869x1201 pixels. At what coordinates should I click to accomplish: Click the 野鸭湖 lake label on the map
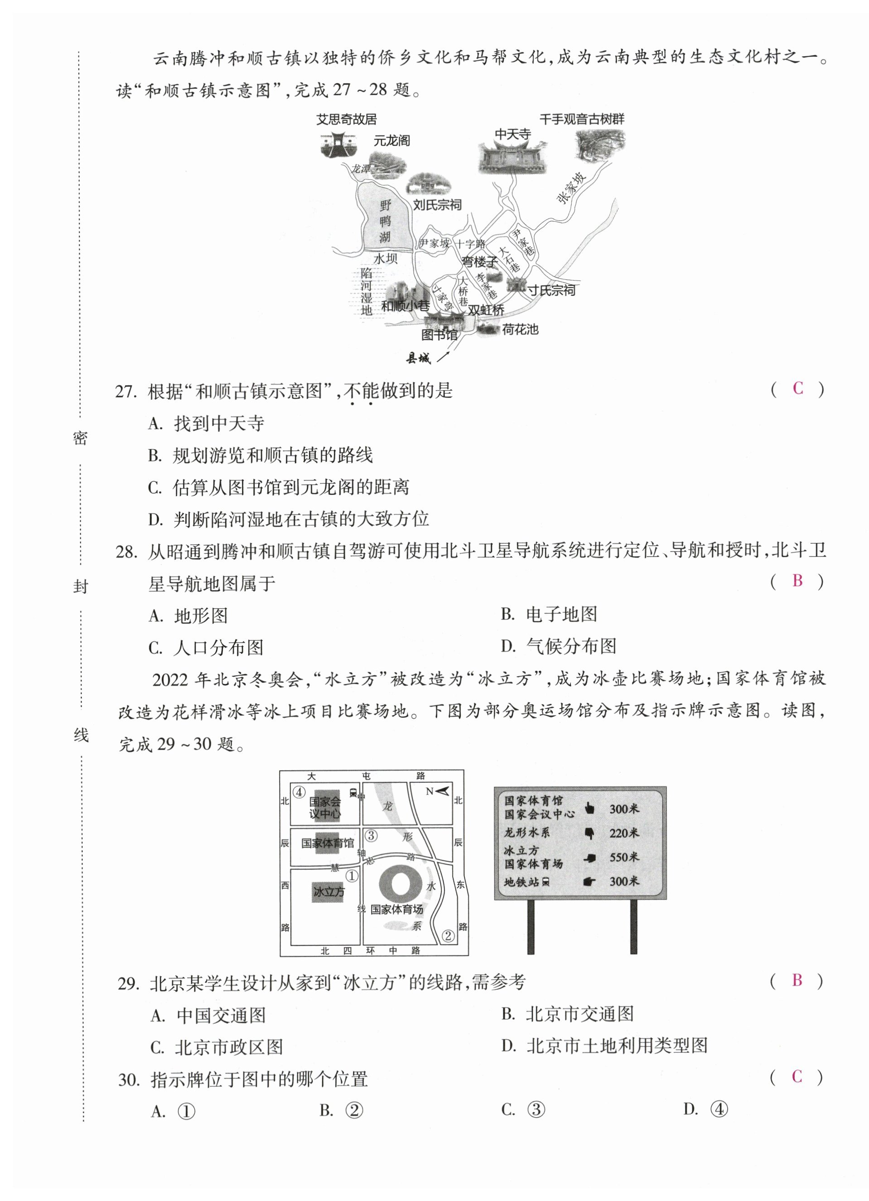pyautogui.click(x=385, y=221)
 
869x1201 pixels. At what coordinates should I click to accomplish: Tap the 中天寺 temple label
pyautogui.click(x=512, y=135)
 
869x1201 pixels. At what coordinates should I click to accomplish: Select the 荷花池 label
pyautogui.click(x=520, y=329)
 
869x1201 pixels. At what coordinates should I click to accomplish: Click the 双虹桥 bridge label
pyautogui.click(x=485, y=310)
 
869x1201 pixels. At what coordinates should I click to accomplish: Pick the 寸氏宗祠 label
pyautogui.click(x=550, y=290)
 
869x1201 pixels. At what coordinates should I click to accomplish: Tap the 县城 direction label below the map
pyautogui.click(x=418, y=358)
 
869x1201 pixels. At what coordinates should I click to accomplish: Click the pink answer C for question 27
pyautogui.click(x=797, y=389)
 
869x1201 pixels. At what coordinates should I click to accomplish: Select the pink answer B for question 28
pyautogui.click(x=797, y=581)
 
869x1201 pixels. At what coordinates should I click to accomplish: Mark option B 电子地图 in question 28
pyautogui.click(x=561, y=614)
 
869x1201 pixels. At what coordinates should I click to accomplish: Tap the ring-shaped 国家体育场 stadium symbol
pyautogui.click(x=400, y=884)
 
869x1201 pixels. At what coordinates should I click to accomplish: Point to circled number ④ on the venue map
pyautogui.click(x=299, y=792)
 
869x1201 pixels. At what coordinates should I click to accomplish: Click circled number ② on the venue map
pyautogui.click(x=448, y=936)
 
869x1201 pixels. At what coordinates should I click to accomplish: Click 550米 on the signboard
pyautogui.click(x=624, y=857)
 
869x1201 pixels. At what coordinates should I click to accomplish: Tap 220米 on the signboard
pyautogui.click(x=624, y=833)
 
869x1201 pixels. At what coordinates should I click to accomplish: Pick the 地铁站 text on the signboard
pyautogui.click(x=521, y=881)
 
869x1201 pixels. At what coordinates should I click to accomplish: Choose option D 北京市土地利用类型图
pyautogui.click(x=617, y=1045)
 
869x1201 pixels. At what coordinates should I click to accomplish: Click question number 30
pyautogui.click(x=129, y=1079)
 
